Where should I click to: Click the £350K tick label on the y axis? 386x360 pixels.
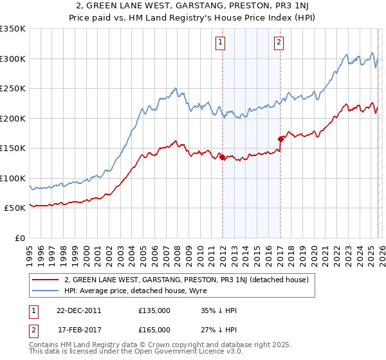(13, 29)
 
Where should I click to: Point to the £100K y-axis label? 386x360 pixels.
(13, 178)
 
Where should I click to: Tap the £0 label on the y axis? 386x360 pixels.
(20, 238)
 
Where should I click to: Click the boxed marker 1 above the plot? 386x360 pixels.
(221, 43)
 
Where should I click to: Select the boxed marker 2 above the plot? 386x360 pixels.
(279, 43)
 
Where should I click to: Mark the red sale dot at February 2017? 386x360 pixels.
(280, 139)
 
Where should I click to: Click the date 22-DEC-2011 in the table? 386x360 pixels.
(78, 310)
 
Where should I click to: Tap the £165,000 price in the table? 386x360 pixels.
(154, 329)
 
